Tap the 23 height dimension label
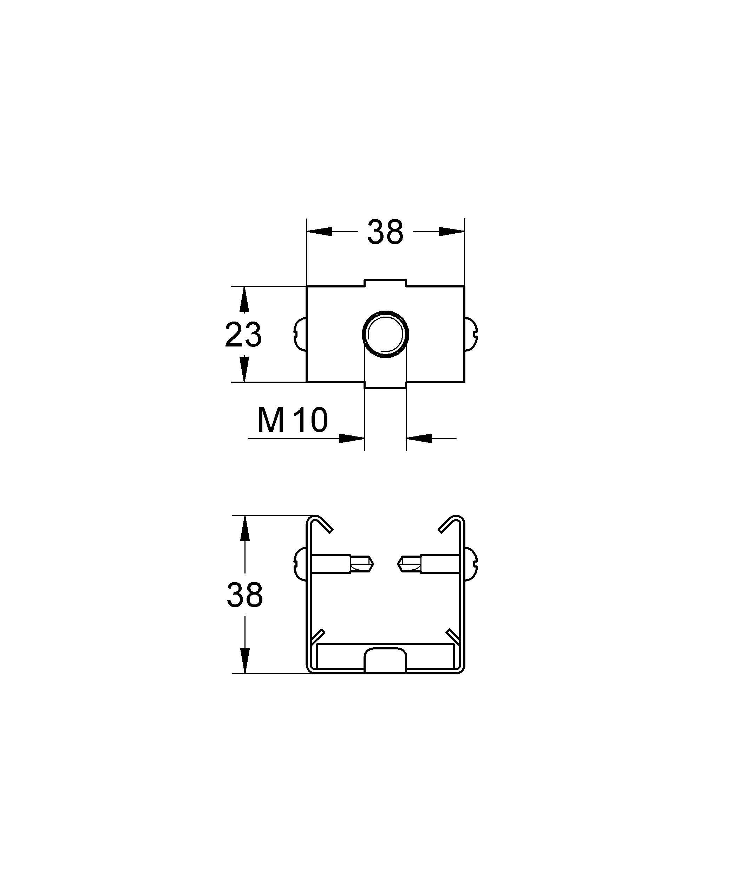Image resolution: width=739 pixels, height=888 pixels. tap(243, 335)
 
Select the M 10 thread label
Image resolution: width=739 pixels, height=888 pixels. tap(293, 421)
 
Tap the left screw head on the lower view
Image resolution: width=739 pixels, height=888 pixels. tap(300, 563)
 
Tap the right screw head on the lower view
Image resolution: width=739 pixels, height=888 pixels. tap(471, 563)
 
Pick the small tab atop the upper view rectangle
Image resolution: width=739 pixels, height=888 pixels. tap(385, 283)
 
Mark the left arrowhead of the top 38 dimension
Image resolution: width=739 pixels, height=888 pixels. tap(319, 232)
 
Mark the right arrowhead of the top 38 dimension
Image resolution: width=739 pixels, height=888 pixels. tap(452, 232)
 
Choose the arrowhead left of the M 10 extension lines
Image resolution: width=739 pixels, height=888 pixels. tap(352, 438)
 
